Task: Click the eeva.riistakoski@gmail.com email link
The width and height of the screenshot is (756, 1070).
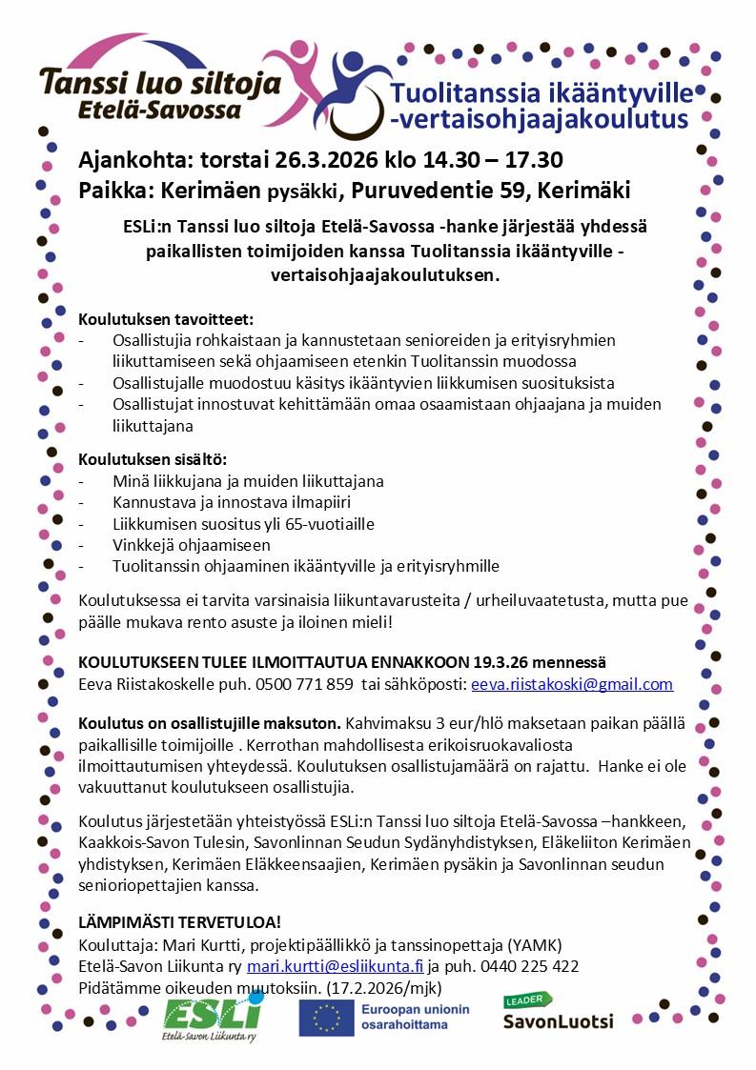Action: [572, 684]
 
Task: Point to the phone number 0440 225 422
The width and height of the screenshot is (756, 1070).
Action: [532, 966]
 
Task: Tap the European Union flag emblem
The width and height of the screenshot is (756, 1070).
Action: [326, 1018]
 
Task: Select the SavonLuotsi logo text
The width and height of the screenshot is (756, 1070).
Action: [558, 1021]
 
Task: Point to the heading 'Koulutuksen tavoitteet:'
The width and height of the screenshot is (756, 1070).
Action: [166, 319]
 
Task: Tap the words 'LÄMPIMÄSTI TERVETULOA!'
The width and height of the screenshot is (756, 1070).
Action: [179, 922]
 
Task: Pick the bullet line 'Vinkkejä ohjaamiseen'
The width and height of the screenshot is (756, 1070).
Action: [191, 545]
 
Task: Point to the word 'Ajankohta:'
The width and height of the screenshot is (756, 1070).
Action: [127, 160]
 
